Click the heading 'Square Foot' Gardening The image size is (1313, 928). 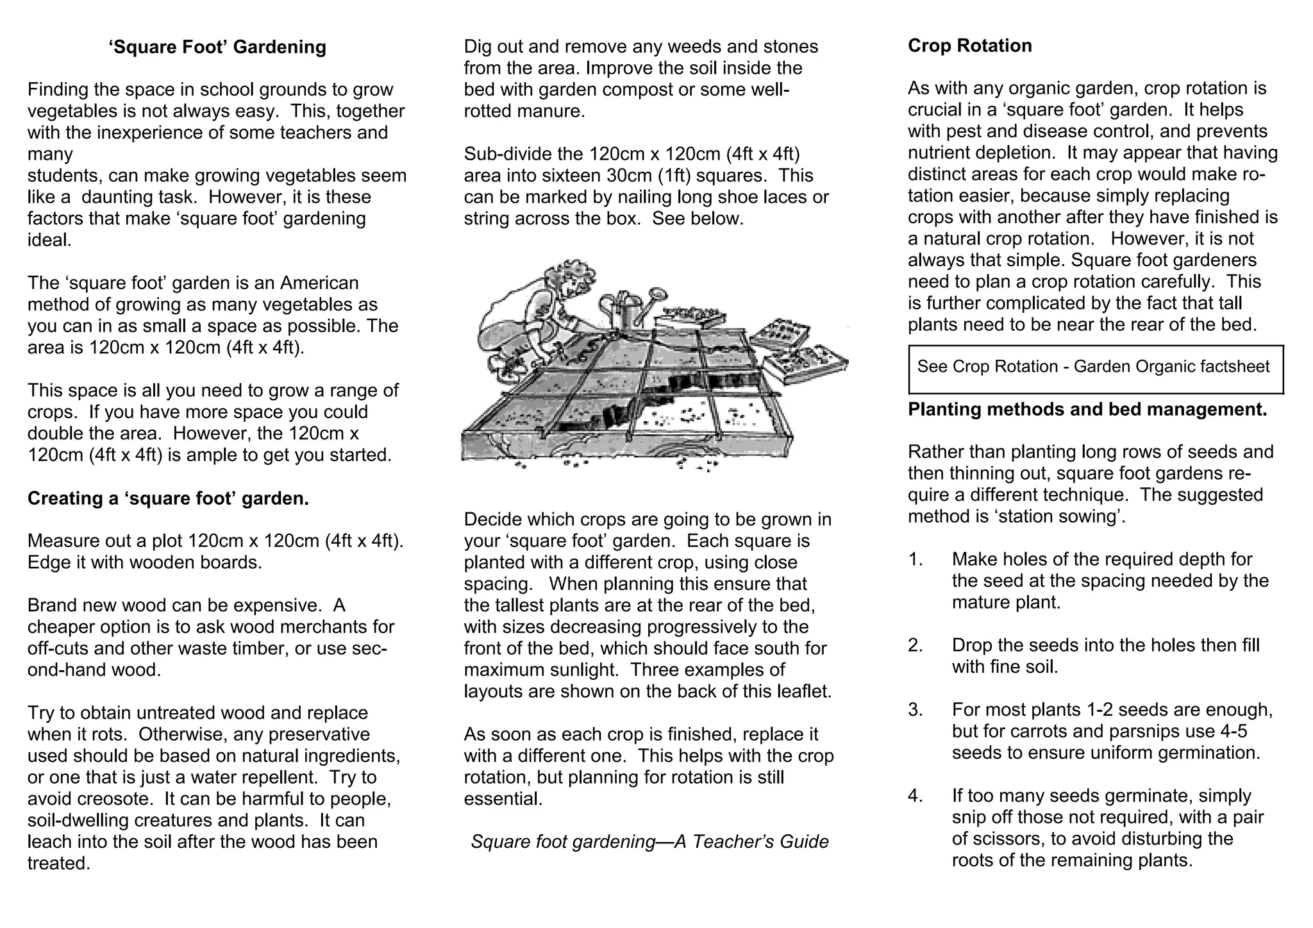click(x=218, y=47)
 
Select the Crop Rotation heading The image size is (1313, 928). click(x=969, y=46)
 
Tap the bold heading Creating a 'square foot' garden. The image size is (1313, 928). click(x=168, y=498)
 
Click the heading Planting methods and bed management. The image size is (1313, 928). click(x=1087, y=409)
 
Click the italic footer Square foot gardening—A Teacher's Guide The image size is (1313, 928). click(x=649, y=841)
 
